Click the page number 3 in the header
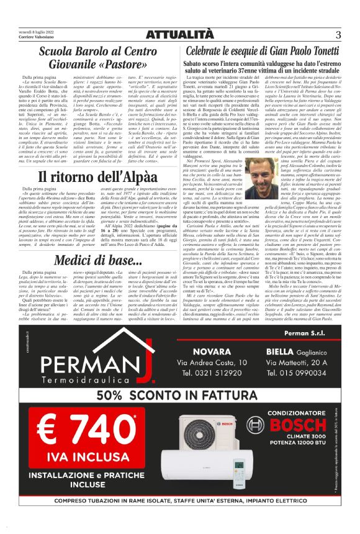point(338,34)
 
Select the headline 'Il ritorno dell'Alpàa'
point(89,176)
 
